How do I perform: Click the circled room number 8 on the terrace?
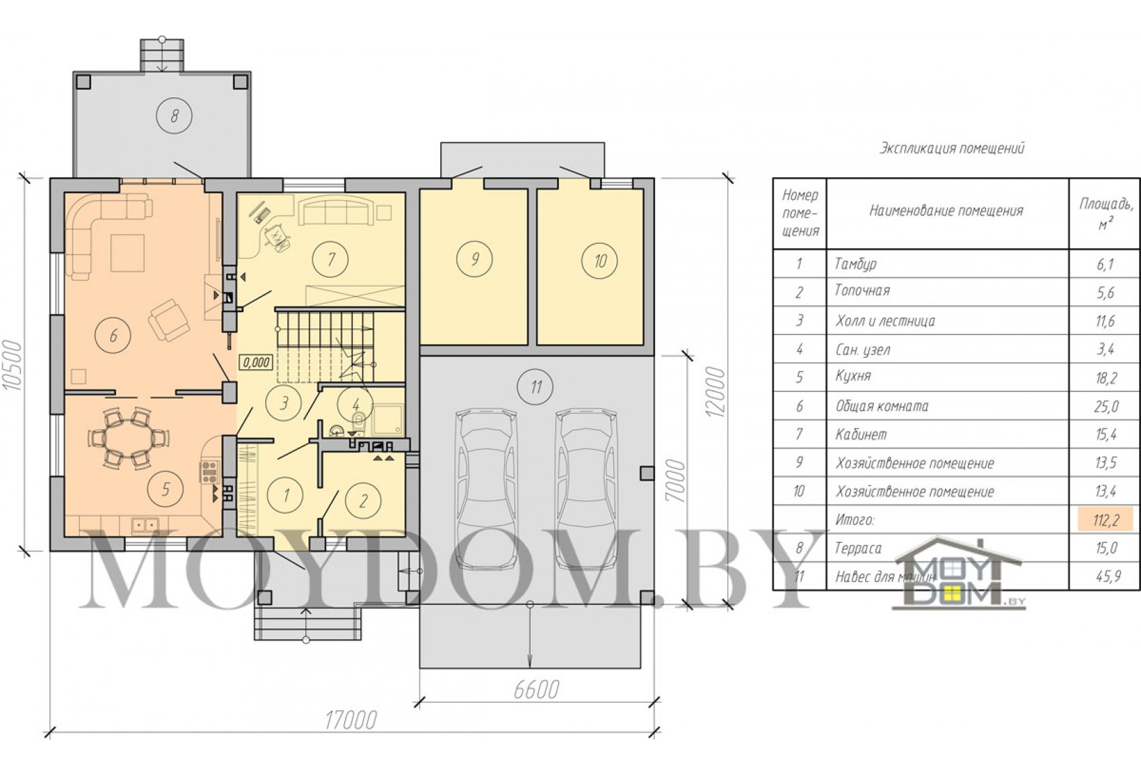(x=175, y=115)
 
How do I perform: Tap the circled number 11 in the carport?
(x=536, y=388)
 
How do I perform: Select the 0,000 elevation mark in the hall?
(x=256, y=362)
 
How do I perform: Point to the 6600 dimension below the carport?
(x=536, y=689)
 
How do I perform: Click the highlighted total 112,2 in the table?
(x=1105, y=520)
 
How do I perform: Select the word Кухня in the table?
(x=853, y=376)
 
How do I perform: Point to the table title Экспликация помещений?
(x=950, y=149)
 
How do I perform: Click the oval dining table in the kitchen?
(x=129, y=437)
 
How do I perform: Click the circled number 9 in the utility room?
(x=475, y=259)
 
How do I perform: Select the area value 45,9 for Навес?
(x=1105, y=576)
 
